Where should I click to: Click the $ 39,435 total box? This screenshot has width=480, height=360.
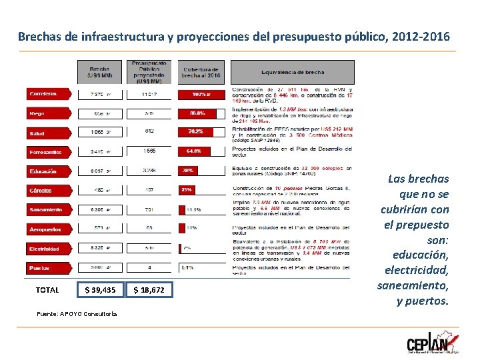[100, 290]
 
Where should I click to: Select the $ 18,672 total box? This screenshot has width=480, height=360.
[149, 290]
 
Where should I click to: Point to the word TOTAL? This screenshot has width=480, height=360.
[47, 290]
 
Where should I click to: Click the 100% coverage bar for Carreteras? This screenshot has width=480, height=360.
[199, 95]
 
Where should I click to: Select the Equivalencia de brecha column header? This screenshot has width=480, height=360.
[293, 72]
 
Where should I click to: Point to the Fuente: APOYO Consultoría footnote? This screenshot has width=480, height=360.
[77, 313]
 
